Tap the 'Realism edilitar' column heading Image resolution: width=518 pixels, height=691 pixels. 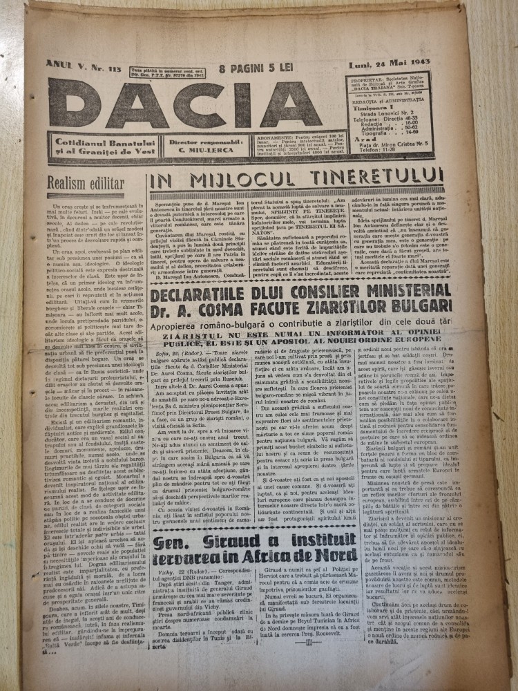click(x=86, y=183)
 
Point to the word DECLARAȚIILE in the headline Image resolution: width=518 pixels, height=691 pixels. click(x=202, y=278)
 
